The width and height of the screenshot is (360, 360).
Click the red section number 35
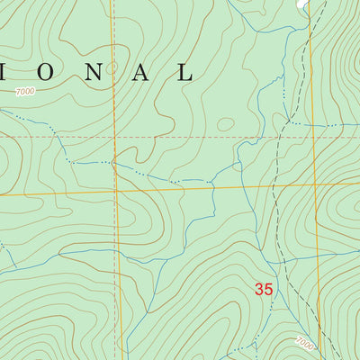tap(263, 290)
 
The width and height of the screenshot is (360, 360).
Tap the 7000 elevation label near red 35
tap(307, 342)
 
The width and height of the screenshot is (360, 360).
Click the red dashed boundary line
tap(180, 138)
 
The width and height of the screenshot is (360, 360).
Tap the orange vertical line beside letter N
tap(114, 36)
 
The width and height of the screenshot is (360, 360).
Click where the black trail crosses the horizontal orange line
tap(271, 185)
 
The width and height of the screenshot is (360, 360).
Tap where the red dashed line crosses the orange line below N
tap(116, 138)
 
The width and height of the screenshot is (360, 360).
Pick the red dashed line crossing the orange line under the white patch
tap(311, 138)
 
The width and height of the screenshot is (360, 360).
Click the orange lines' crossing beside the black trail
tap(312, 184)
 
